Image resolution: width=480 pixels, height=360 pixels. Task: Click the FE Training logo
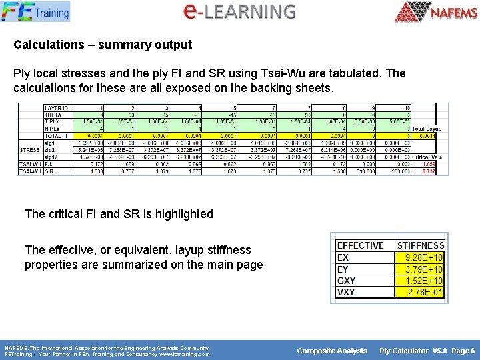coord(36,11)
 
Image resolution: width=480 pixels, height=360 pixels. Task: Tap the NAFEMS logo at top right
coord(436,12)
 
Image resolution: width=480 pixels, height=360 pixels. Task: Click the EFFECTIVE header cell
coord(361,246)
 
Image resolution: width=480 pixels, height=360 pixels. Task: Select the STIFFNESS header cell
coord(420,246)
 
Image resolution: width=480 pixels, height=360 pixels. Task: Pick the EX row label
coord(343,257)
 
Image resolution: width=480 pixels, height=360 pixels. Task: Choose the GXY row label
coord(346,281)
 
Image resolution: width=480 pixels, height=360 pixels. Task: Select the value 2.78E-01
coord(424,292)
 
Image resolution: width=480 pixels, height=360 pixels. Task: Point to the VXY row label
coord(346,292)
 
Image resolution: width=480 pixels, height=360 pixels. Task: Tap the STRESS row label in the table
coord(29,150)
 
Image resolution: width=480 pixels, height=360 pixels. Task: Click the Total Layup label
coord(427,129)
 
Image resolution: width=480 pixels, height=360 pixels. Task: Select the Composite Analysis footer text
coord(332,351)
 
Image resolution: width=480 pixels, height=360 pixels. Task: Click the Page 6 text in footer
coord(463,351)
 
